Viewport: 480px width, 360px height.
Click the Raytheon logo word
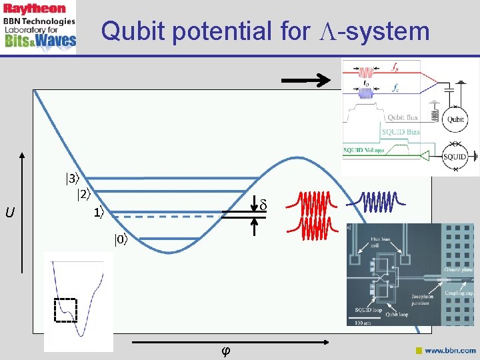coord(35,8)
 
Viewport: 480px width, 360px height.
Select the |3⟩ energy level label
coord(71,179)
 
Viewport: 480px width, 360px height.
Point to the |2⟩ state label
coord(83,195)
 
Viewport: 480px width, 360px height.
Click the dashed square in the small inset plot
coord(66,310)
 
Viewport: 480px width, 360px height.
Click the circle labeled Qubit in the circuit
coord(455,120)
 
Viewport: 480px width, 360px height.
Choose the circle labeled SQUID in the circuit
coord(455,157)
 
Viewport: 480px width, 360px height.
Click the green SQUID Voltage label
coord(366,151)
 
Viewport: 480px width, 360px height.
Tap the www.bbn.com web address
coord(450,350)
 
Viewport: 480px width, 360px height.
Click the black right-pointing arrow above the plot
coord(306,81)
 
